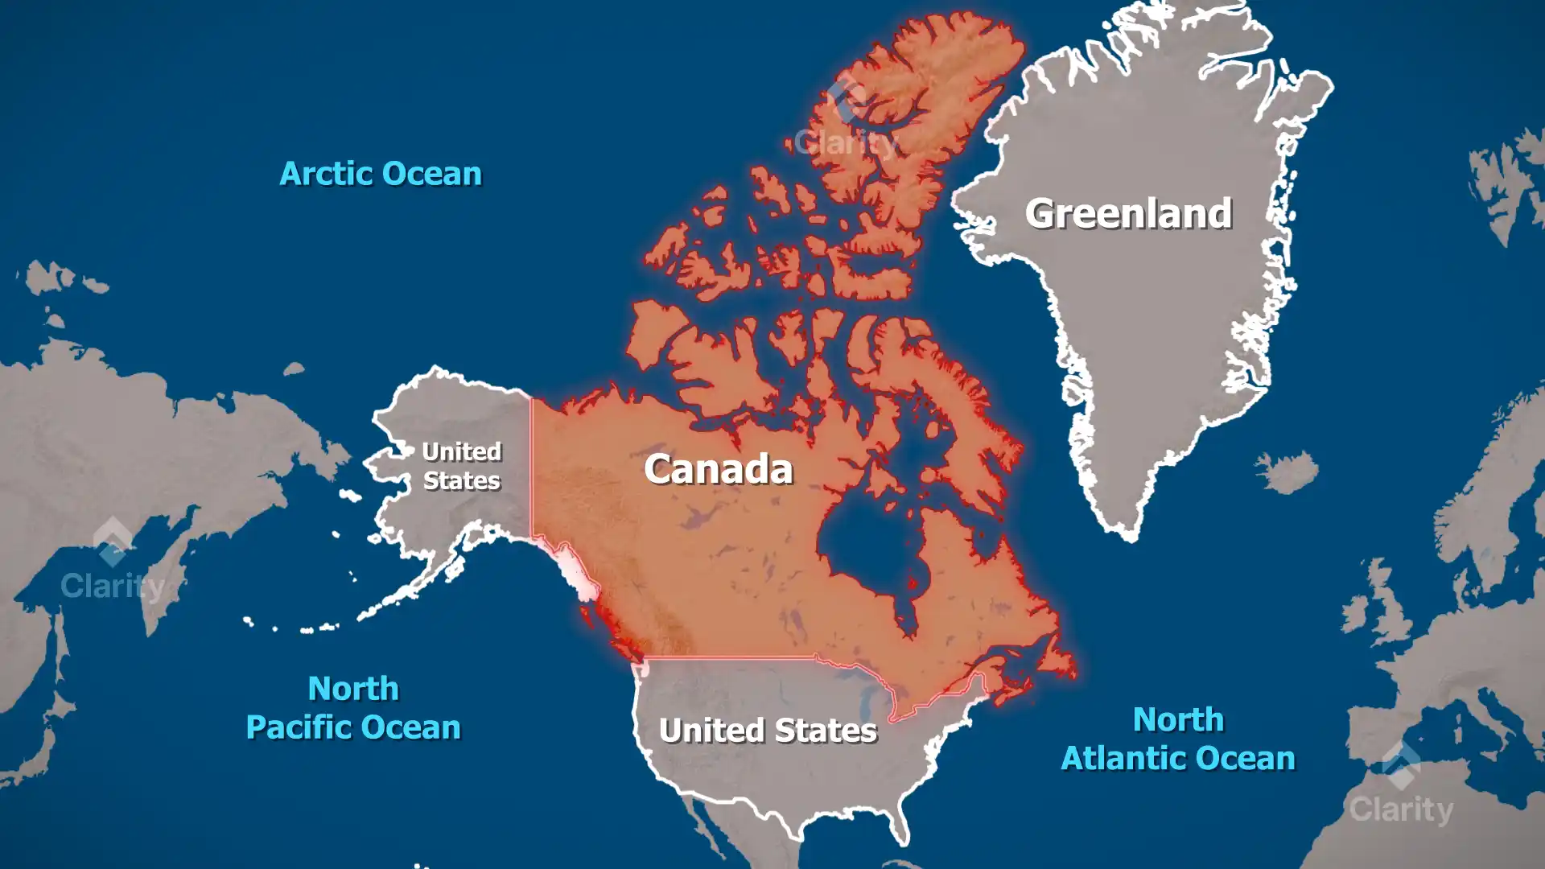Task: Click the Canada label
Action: coord(718,469)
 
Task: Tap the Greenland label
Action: coord(1127,214)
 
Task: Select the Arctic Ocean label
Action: coord(380,174)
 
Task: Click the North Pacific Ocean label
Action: coord(353,708)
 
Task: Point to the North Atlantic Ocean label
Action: coord(1178,739)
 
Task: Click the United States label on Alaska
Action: coord(461,466)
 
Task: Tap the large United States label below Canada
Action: coord(768,731)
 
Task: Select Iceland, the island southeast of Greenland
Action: coord(1287,471)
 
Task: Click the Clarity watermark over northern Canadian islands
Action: coord(845,129)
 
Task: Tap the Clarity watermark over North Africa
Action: coord(1401,789)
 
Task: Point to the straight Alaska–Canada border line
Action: coord(531,467)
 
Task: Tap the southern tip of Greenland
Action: coord(1131,535)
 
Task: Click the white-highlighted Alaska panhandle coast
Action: coord(575,571)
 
